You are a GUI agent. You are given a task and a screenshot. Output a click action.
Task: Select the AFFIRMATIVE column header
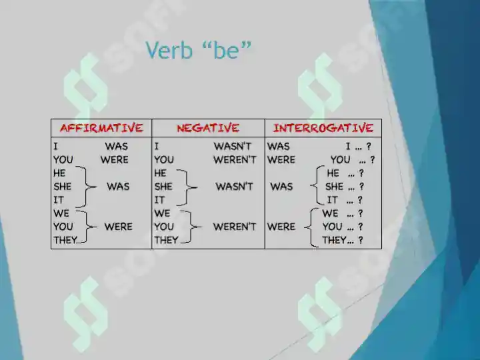(x=101, y=128)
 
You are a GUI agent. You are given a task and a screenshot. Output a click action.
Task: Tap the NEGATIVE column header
(x=208, y=128)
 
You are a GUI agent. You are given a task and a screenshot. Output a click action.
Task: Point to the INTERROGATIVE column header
(x=323, y=128)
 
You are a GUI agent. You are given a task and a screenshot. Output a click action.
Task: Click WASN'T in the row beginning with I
(x=232, y=146)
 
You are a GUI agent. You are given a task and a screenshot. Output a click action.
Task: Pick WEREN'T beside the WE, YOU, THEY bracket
(x=235, y=227)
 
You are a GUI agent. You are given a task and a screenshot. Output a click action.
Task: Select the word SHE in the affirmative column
(x=63, y=187)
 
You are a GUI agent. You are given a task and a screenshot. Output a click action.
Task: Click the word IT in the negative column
(x=159, y=200)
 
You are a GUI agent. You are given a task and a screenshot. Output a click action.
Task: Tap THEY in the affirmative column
(x=65, y=240)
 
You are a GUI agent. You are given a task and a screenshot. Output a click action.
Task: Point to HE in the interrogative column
(x=333, y=173)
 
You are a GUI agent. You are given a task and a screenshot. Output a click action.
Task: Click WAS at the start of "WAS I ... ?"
(x=279, y=146)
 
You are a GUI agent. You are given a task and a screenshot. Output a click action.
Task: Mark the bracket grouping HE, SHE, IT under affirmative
(x=86, y=187)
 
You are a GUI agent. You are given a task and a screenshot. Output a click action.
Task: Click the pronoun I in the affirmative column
(x=55, y=146)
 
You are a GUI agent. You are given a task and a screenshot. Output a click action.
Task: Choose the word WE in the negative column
(x=162, y=213)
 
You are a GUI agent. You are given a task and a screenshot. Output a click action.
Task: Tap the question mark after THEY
(x=360, y=241)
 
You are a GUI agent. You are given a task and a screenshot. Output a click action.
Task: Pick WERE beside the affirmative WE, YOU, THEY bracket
(x=118, y=227)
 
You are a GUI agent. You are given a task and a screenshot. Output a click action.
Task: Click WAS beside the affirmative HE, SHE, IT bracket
(x=118, y=187)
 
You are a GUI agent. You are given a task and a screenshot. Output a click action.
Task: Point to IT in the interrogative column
(x=332, y=200)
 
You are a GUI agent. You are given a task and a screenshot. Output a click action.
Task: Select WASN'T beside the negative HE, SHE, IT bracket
(x=234, y=187)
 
